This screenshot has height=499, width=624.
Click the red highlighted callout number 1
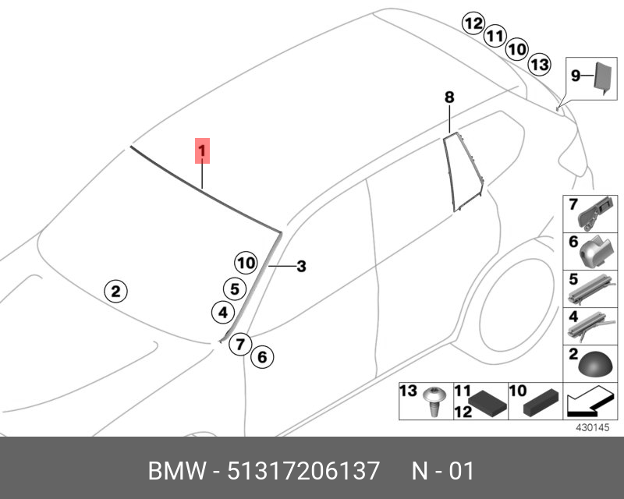202,149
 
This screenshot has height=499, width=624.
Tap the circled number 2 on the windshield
115,292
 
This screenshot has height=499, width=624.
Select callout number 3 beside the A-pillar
301,267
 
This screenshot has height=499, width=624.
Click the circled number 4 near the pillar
222,313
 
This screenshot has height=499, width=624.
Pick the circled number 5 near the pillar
233,288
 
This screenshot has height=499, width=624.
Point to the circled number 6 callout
262,357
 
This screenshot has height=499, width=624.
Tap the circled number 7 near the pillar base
240,342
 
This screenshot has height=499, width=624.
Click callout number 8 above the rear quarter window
449,97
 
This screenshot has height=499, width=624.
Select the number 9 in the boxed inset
576,76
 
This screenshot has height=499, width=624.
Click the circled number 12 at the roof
473,23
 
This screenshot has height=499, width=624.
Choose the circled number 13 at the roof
539,64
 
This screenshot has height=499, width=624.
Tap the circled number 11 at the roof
494,36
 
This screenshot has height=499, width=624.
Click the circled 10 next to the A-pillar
246,263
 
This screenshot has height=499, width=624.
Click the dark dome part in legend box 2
590,364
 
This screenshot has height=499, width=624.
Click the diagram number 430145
591,428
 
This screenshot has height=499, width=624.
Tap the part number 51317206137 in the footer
303,471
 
